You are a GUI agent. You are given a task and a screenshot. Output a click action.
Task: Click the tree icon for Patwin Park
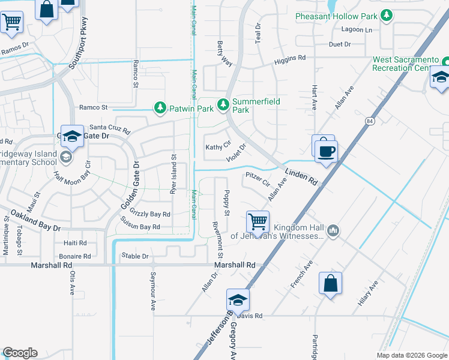point(160,107)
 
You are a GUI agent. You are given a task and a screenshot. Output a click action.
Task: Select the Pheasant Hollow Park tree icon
point(388,15)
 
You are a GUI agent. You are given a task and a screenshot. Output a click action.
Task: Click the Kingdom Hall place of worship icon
point(334,230)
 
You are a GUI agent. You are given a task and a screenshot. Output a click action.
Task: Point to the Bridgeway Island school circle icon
point(65,157)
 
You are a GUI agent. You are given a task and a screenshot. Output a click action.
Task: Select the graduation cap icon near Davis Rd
point(238,300)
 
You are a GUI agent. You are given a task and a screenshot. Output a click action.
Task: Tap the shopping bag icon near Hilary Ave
point(330,283)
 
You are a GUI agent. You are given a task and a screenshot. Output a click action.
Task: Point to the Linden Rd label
point(301,176)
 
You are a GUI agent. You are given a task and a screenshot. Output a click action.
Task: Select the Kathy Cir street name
point(218,146)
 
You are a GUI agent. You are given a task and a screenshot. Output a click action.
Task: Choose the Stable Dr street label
point(134,256)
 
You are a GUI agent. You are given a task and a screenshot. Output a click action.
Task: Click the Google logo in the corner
point(20,353)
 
